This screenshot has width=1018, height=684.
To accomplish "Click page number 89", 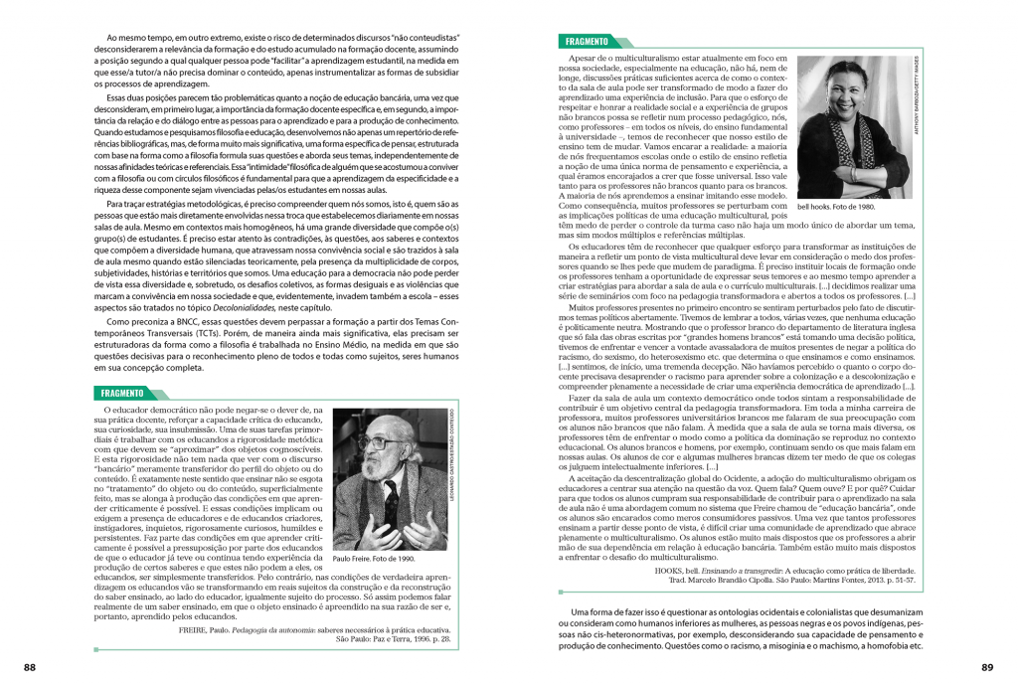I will coord(987,666).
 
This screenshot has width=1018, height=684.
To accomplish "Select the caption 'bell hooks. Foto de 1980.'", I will coord(838,208).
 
